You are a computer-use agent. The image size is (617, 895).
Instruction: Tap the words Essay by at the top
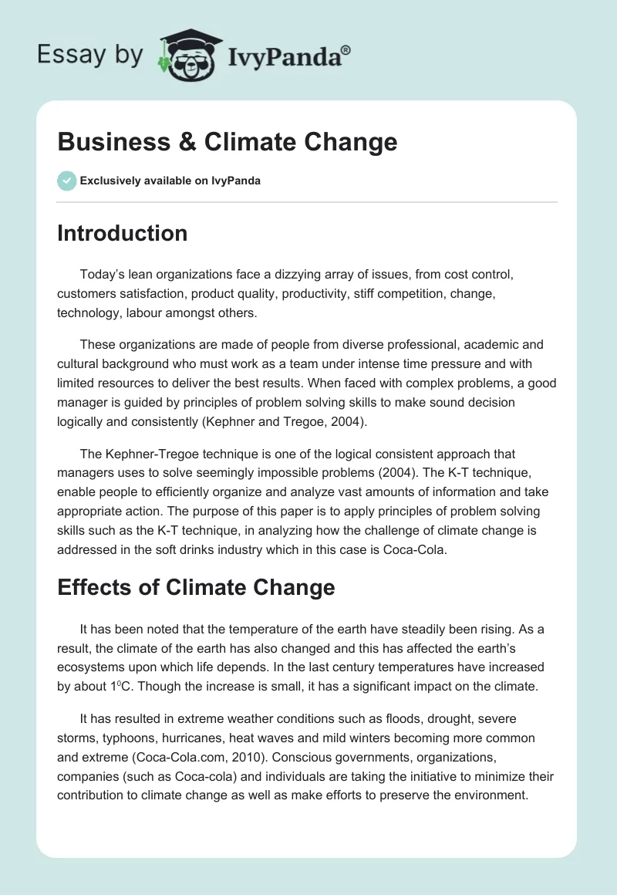(89, 55)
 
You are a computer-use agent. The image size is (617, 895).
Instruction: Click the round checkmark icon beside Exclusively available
(66, 181)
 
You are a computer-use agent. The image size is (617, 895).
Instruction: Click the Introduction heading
(122, 233)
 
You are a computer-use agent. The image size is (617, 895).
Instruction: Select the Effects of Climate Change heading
(196, 588)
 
